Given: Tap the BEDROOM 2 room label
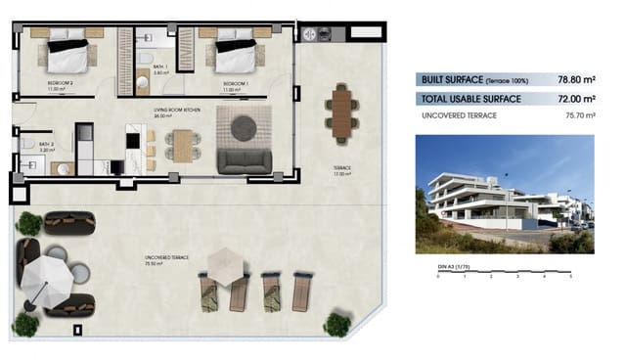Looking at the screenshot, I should (x=61, y=84).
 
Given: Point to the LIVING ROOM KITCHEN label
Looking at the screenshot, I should (x=177, y=111).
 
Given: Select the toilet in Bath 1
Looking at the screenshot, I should (x=146, y=38).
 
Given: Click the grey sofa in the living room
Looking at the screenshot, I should (x=243, y=161).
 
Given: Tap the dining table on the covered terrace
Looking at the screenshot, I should (x=341, y=111).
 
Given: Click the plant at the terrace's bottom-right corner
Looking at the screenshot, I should (x=338, y=324).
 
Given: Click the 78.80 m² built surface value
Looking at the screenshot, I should (x=576, y=80).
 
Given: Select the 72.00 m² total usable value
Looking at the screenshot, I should (x=576, y=99).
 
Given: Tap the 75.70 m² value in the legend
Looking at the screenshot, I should (x=577, y=115).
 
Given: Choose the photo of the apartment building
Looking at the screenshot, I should (x=504, y=195).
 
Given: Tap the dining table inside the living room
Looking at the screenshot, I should (x=181, y=146).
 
